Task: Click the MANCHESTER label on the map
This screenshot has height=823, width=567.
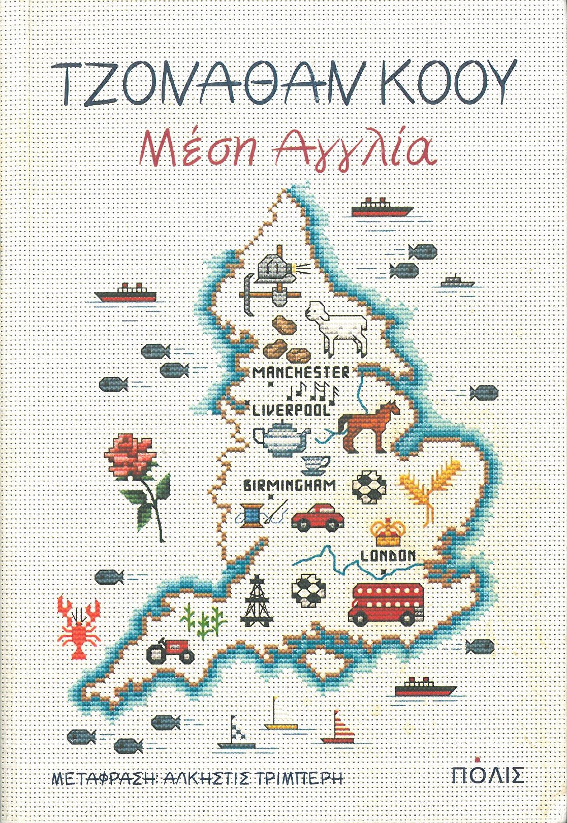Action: point(301,372)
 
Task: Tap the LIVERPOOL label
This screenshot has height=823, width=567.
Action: point(291,410)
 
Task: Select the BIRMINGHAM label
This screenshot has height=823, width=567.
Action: point(290,485)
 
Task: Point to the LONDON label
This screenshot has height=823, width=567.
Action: point(388,556)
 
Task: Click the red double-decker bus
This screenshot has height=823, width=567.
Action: point(387,603)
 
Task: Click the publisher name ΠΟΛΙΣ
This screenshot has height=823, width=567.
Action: point(487,775)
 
